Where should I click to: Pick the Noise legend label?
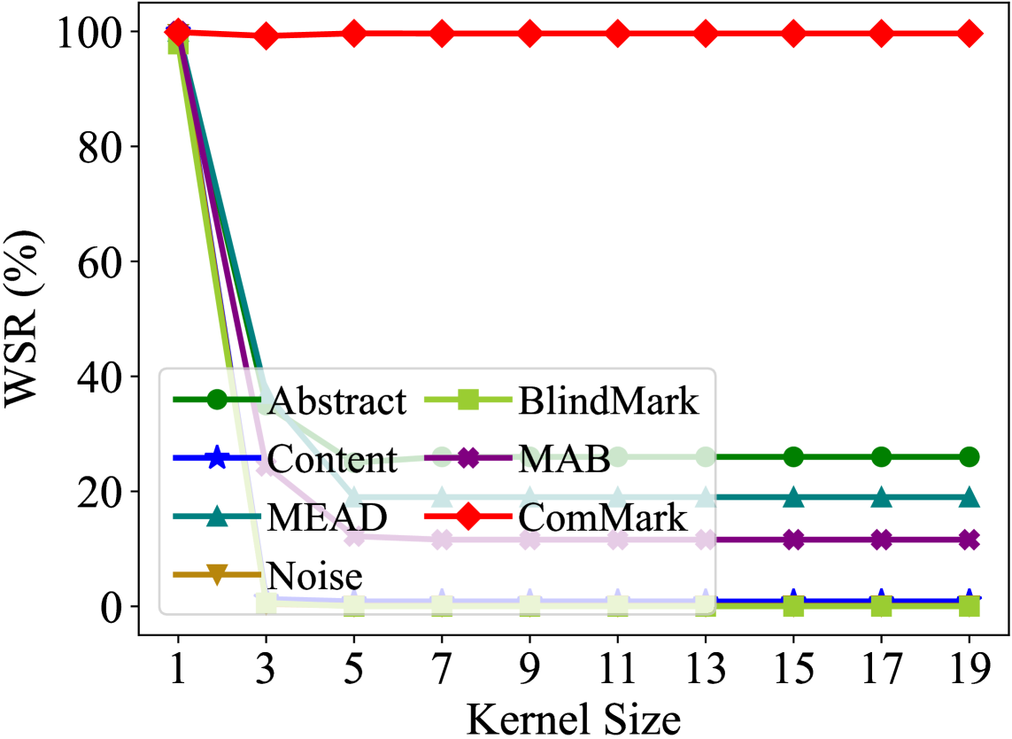[x=315, y=576]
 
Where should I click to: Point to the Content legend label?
[x=332, y=459]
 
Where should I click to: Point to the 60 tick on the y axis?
[x=104, y=262]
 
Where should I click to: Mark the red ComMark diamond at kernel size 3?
[x=266, y=36]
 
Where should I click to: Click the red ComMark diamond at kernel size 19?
[x=970, y=34]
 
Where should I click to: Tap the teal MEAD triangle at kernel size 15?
[x=794, y=497]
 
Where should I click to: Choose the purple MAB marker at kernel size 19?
[x=970, y=539]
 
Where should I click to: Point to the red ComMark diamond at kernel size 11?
[x=618, y=34]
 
